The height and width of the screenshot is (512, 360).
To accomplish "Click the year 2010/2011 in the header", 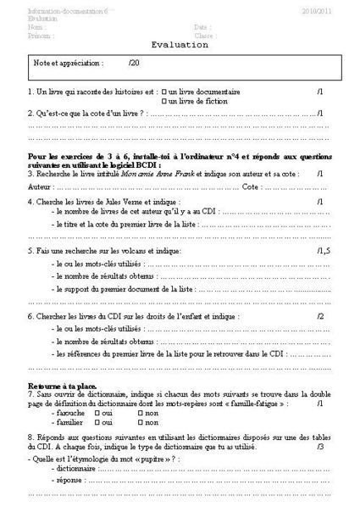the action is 318,10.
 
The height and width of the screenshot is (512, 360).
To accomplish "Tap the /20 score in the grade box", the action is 133,64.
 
